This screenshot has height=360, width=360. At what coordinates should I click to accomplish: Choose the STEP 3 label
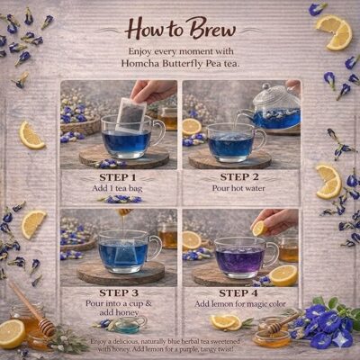(119, 292)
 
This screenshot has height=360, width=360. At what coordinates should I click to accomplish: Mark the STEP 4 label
(240, 292)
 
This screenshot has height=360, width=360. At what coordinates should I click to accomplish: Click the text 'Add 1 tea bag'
(119, 188)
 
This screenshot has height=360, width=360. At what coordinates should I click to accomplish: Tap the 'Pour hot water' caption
(240, 188)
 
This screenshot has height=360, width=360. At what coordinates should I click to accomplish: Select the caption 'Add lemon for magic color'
(240, 305)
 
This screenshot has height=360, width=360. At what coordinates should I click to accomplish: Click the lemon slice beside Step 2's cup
(192, 126)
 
